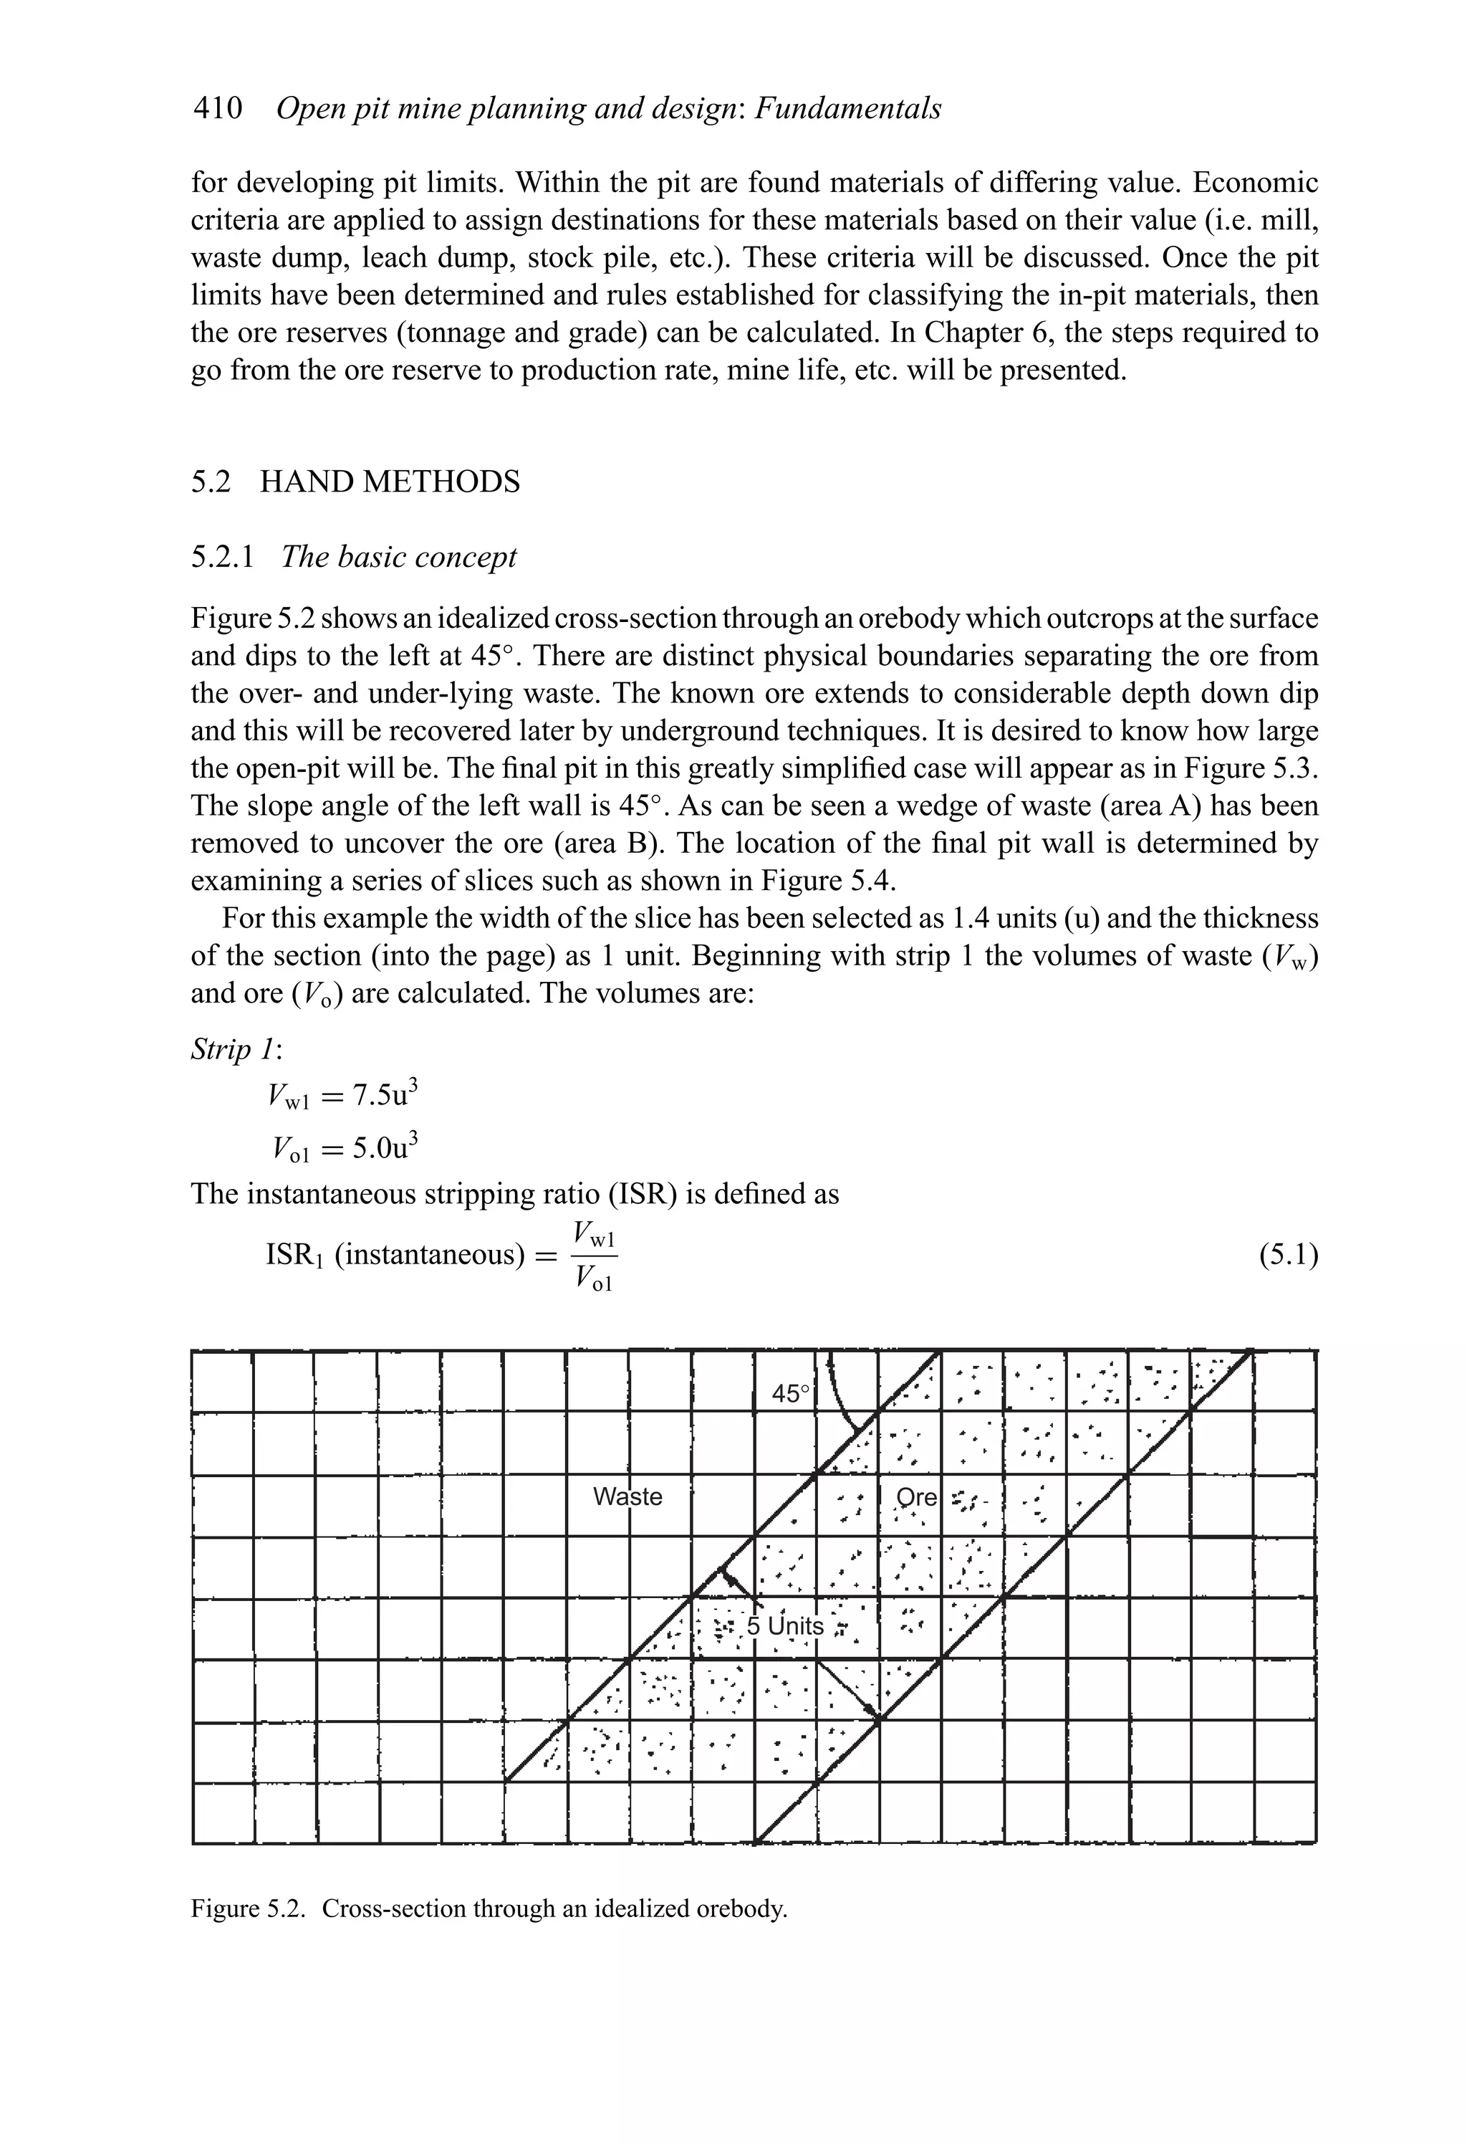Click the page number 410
[x=218, y=109]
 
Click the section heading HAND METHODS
[x=390, y=483]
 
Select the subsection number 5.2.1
[x=221, y=558]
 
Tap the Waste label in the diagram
[x=627, y=1496]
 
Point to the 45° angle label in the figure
[x=791, y=1395]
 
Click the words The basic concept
[x=398, y=558]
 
